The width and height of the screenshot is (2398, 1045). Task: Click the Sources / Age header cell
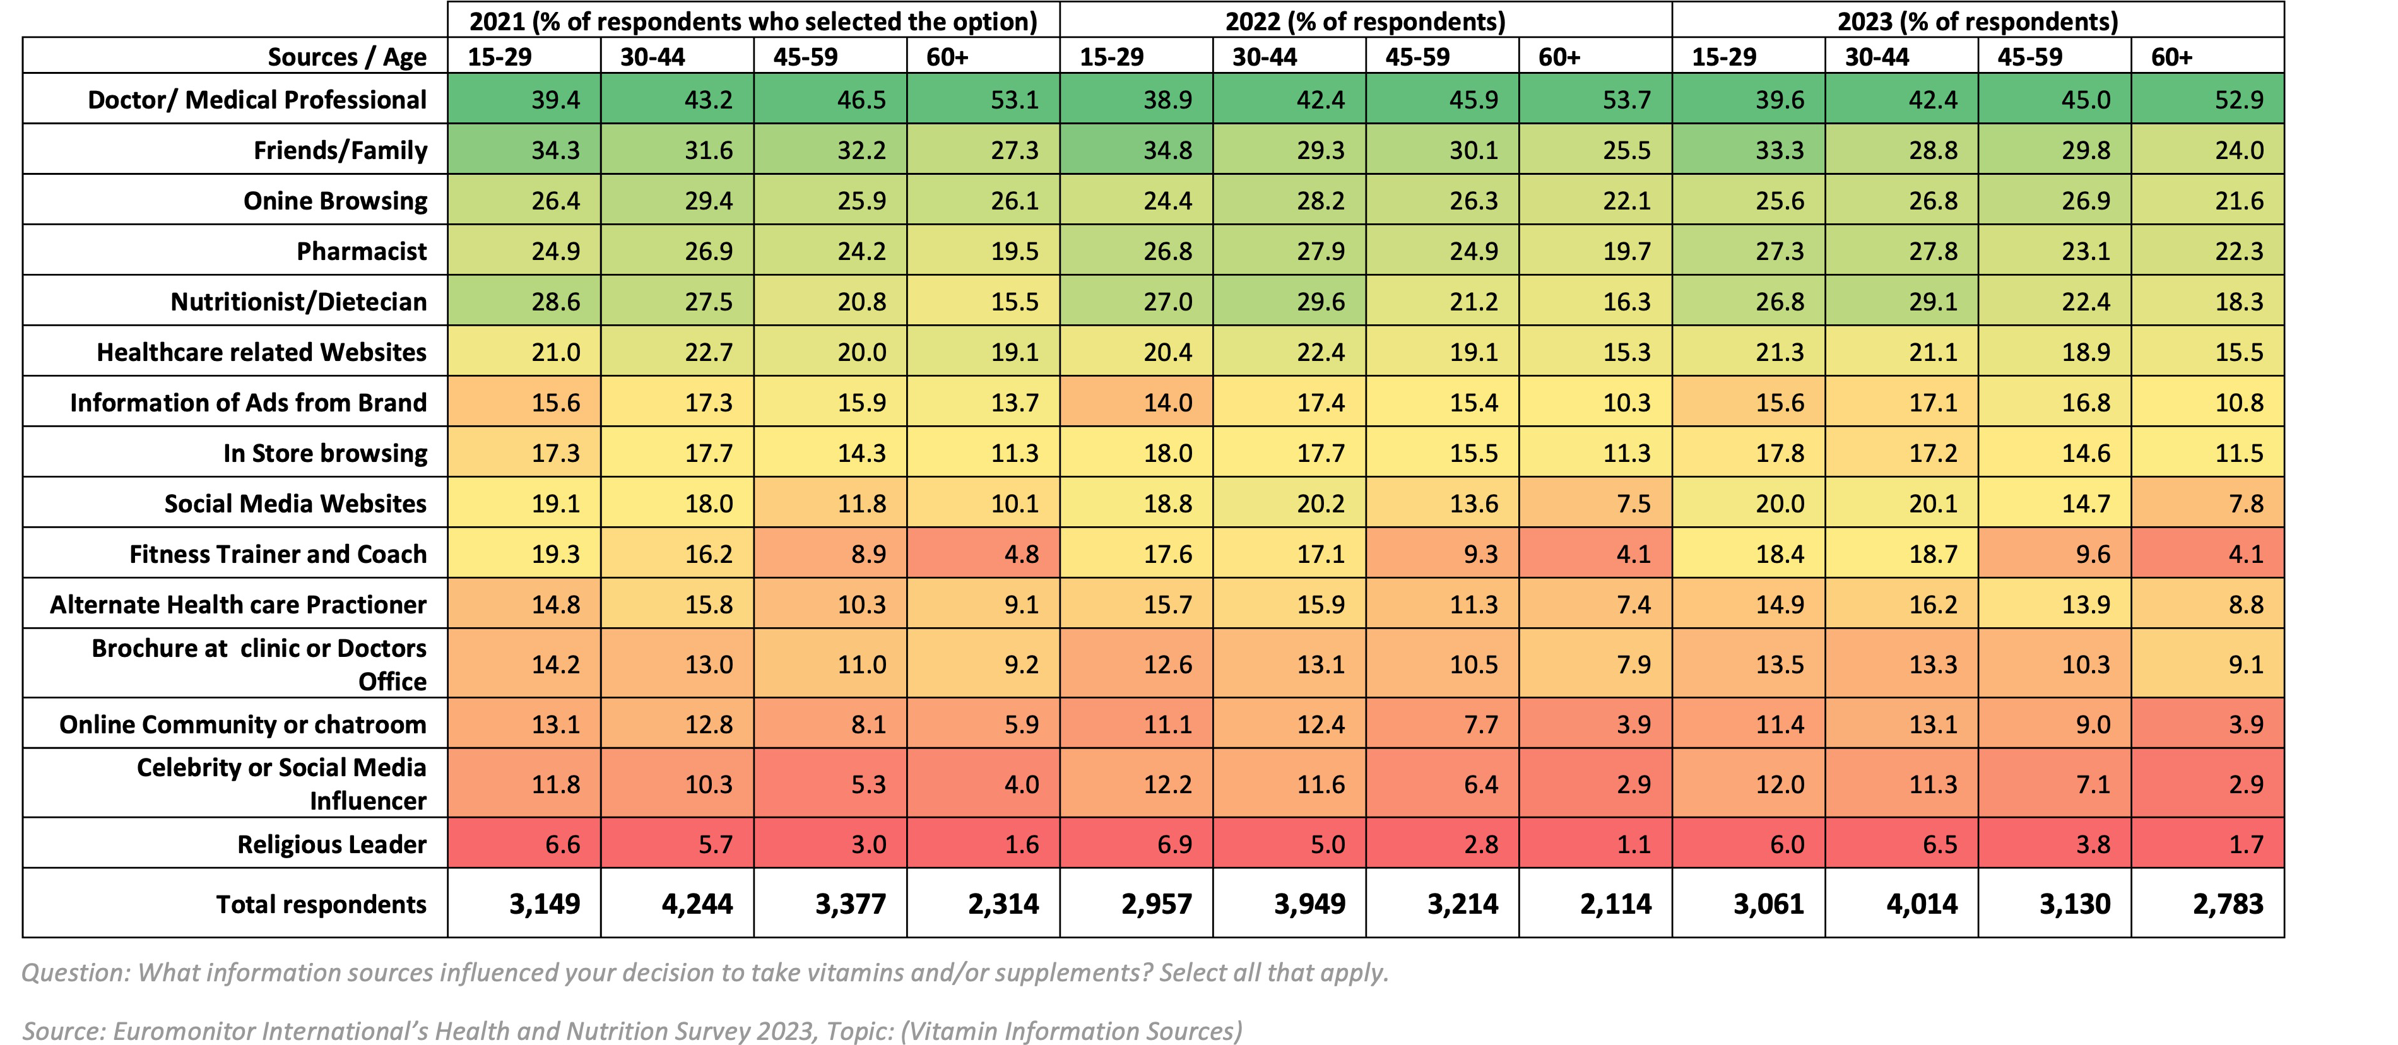pyautogui.click(x=346, y=57)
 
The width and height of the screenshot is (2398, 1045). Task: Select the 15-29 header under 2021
pyautogui.click(x=499, y=57)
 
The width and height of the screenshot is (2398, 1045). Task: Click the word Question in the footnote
pyautogui.click(x=74, y=972)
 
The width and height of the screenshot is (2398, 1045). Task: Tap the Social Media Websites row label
pyautogui.click(x=295, y=504)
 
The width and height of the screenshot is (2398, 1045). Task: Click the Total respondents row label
pyautogui.click(x=321, y=904)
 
